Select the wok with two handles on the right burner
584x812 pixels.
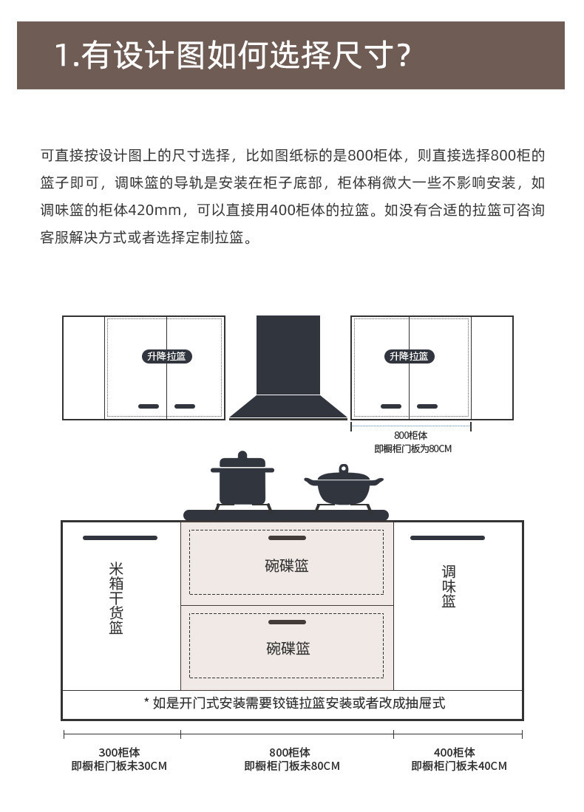[343, 486]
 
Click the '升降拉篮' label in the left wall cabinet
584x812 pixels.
[166, 356]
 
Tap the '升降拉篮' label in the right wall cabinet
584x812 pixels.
[409, 356]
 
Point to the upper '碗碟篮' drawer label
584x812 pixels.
[287, 566]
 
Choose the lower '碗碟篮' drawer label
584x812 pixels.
[288, 649]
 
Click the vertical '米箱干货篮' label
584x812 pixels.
[116, 598]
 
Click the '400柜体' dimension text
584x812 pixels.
[454, 752]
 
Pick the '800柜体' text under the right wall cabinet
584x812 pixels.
[410, 435]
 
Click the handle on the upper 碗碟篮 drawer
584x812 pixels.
[287, 538]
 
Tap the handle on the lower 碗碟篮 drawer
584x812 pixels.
[287, 622]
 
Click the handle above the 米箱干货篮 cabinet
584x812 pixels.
[120, 538]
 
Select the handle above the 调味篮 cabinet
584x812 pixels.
[447, 538]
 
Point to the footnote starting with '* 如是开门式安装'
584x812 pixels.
[294, 703]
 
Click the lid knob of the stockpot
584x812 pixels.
[242, 455]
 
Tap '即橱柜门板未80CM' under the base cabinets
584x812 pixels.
[292, 766]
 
